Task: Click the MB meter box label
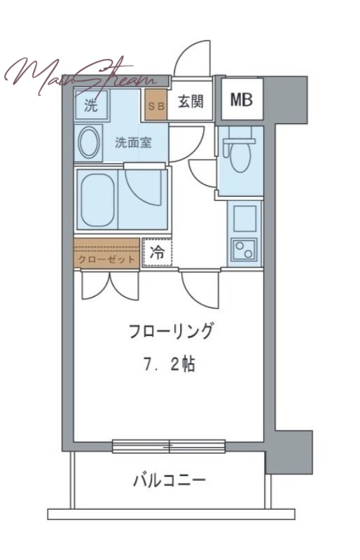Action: [x=242, y=99]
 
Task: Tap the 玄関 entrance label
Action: [x=190, y=102]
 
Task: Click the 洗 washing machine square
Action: [x=92, y=106]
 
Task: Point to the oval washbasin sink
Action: [x=89, y=143]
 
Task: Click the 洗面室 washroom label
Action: [x=133, y=143]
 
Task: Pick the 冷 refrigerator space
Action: [x=158, y=253]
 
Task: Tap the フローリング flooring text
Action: [x=170, y=332]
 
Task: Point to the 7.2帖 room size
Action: [x=170, y=365]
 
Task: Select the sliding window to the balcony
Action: [x=169, y=446]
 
